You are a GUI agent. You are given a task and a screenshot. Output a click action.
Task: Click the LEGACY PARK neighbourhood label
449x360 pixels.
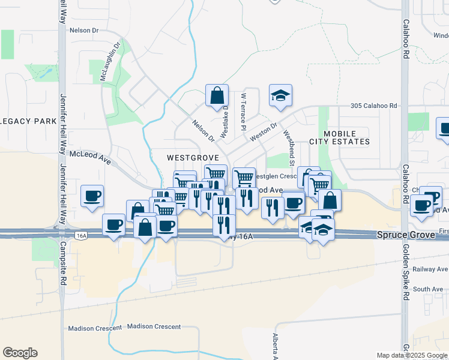29,121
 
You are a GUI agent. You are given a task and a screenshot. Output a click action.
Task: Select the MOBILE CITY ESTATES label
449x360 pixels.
339,137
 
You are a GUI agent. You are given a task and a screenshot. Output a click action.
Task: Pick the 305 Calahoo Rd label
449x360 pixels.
374,106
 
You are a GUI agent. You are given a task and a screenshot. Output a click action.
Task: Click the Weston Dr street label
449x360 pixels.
264,132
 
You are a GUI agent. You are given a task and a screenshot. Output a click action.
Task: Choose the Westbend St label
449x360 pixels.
289,149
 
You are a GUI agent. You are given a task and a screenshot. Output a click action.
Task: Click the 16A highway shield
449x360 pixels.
82,236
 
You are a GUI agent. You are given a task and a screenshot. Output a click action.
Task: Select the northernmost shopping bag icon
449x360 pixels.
217,95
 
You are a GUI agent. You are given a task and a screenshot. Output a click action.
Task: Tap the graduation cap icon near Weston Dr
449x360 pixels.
280,95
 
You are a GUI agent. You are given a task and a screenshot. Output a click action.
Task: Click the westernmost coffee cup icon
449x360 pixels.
92,196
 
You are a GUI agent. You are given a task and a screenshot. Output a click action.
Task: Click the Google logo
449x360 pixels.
20,353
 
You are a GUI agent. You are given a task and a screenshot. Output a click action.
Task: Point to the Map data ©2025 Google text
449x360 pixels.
412,355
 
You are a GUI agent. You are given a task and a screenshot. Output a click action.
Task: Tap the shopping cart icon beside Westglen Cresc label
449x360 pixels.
244,178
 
